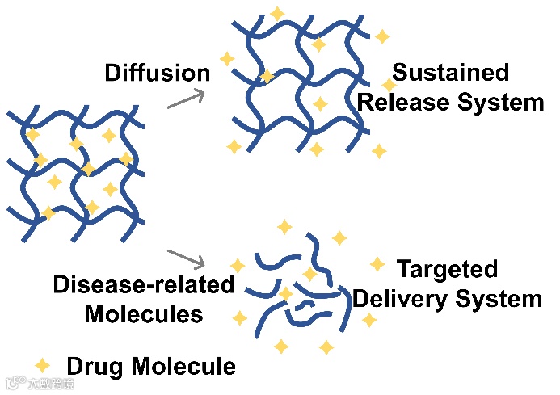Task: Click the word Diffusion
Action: [157, 73]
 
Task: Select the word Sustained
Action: [451, 73]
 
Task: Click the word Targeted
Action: [447, 269]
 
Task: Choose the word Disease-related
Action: [144, 284]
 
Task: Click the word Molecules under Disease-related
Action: [144, 313]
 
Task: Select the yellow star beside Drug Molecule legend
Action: [40, 365]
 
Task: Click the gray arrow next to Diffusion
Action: [184, 98]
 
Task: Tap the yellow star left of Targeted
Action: [377, 264]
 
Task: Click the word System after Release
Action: [503, 103]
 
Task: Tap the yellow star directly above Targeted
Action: [339, 237]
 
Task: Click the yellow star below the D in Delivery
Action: [368, 320]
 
